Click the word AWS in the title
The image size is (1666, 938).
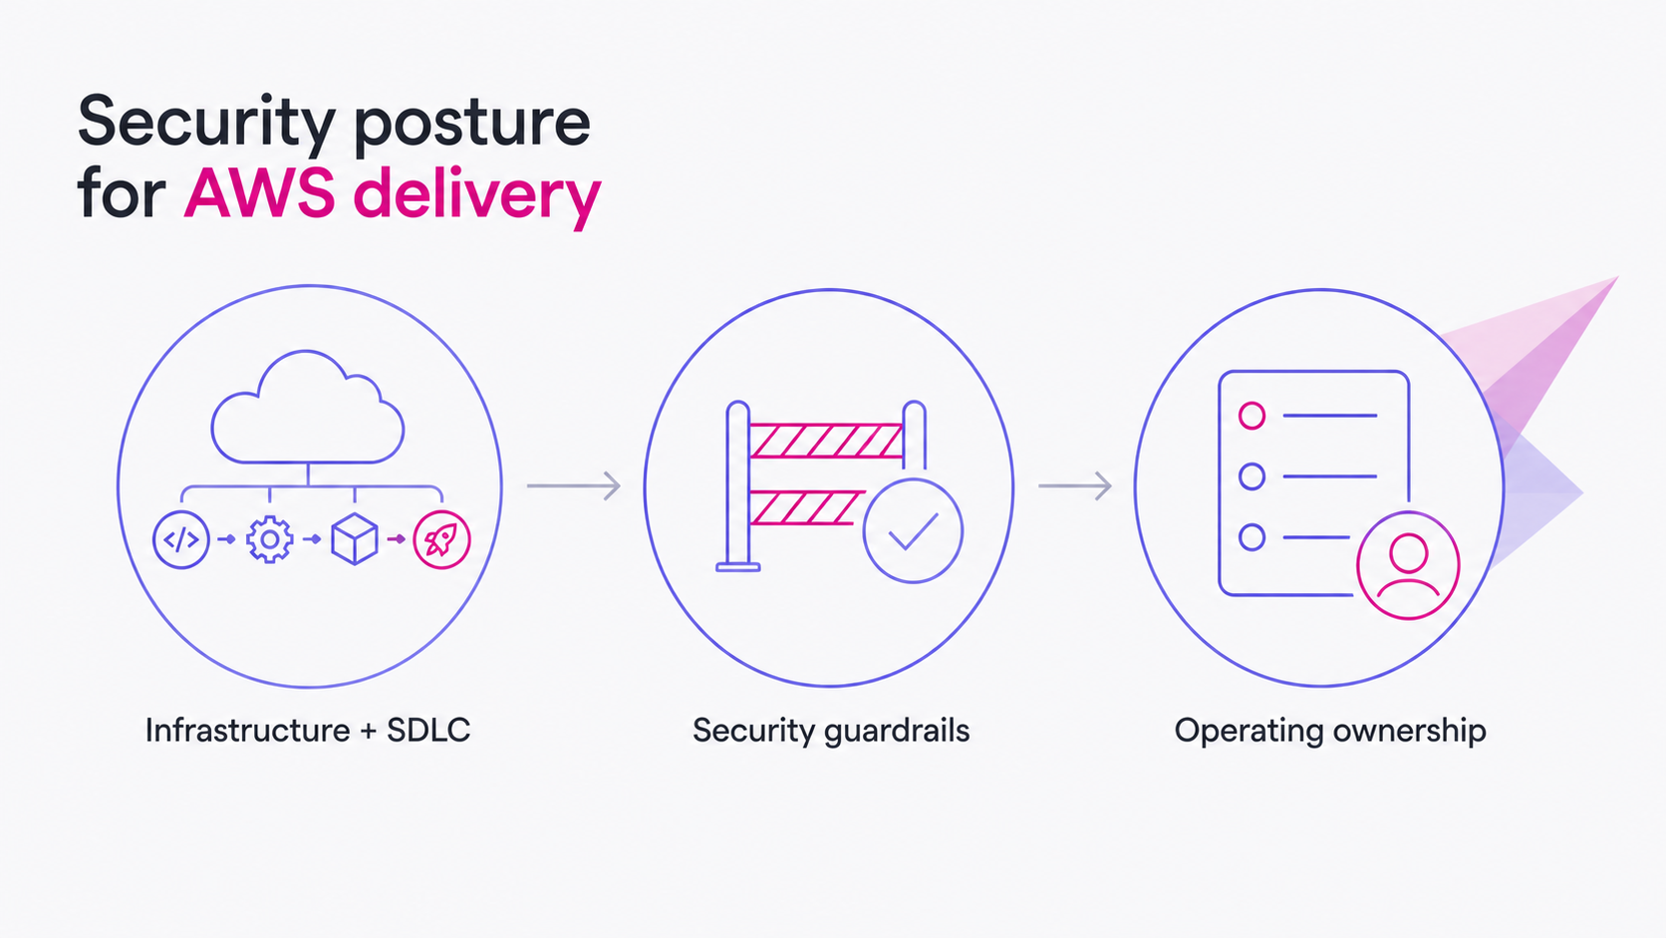[259, 193]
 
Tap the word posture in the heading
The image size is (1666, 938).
[472, 125]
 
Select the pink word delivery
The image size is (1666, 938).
[476, 196]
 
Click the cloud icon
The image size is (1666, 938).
[308, 407]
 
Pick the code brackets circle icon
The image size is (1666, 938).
[180, 540]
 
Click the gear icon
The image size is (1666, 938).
[269, 539]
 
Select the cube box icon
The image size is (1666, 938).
[354, 539]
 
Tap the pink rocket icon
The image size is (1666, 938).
[441, 540]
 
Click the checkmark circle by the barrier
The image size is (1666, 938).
[914, 530]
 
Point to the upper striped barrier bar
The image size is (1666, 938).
[826, 441]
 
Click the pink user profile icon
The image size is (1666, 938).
[1408, 566]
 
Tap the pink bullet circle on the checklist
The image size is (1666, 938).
[1251, 416]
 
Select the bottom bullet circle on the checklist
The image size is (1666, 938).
[1251, 537]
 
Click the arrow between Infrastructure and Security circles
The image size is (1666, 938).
[573, 485]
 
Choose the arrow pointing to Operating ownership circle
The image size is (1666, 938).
[1075, 485]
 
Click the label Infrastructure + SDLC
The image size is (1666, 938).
[308, 731]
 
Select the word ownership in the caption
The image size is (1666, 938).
[1409, 732]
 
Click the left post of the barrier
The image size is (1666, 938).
[737, 486]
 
